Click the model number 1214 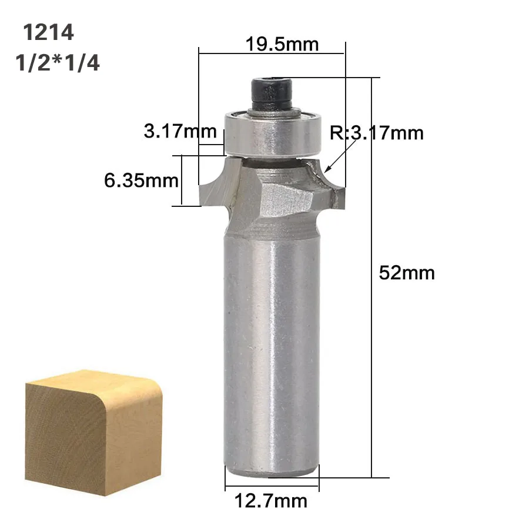(48, 32)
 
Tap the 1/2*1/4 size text (58, 63)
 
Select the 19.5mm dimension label (282, 44)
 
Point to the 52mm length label (407, 273)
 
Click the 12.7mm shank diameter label (271, 501)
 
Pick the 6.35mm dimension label (141, 180)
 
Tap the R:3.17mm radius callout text (377, 133)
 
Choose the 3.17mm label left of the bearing (180, 131)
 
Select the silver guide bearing (273, 133)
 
